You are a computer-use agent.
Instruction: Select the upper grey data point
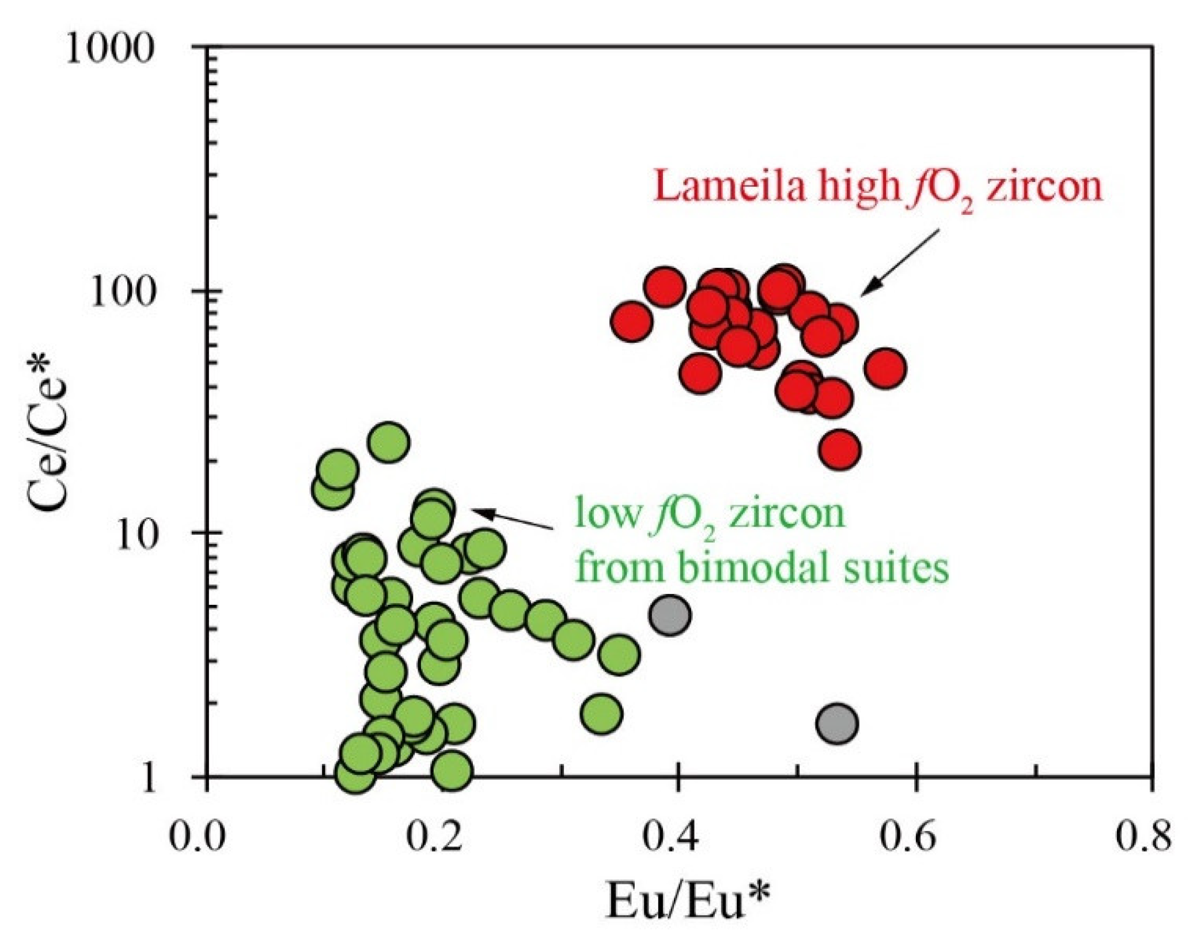(669, 615)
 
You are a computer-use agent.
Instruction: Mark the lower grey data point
(837, 724)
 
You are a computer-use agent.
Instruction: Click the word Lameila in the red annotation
(729, 188)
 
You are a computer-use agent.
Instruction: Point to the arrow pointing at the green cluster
(512, 518)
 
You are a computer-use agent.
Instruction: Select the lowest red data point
(840, 449)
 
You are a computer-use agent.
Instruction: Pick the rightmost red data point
(885, 369)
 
